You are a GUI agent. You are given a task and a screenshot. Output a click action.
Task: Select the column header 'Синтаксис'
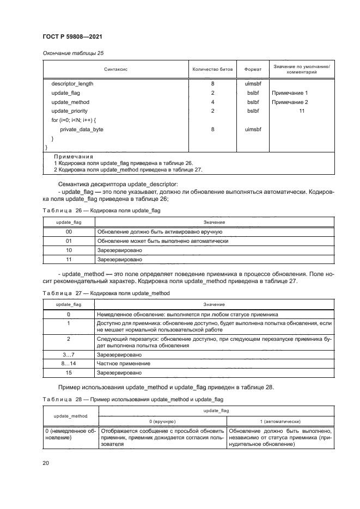point(115,70)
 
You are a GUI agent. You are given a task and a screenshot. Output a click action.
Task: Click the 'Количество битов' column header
point(212,70)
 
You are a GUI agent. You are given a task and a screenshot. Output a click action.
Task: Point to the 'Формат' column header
point(253,70)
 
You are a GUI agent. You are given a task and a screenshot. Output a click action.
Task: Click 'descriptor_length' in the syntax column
point(72,84)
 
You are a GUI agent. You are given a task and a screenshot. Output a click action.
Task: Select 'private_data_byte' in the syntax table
point(82,129)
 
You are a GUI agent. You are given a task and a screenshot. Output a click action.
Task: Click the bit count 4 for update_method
point(212,102)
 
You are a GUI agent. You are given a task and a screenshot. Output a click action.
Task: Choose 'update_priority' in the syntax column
point(70,111)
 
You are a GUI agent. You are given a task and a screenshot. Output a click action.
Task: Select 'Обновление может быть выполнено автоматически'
point(162,240)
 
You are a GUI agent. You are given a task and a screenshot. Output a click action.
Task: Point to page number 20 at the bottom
point(46,463)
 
